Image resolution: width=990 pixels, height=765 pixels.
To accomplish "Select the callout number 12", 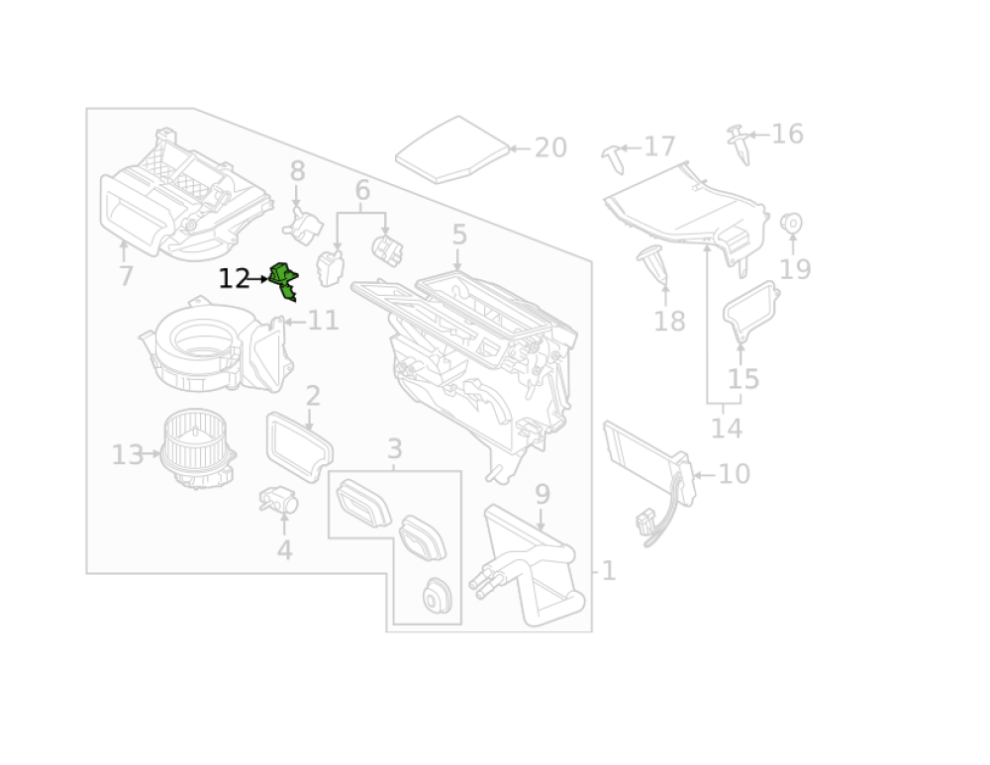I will pos(234,279).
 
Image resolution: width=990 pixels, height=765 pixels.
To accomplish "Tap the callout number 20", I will pos(550,148).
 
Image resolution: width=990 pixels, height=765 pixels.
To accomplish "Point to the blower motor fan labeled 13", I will pos(197,451).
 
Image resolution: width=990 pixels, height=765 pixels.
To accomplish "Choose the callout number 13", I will pos(128,455).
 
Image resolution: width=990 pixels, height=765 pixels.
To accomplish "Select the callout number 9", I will pos(542,493).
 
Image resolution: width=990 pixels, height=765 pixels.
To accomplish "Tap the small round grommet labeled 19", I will pos(791,223).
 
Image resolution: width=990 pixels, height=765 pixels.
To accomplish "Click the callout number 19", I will pos(795,269).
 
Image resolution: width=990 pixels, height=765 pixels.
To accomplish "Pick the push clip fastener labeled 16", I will pos(740,143).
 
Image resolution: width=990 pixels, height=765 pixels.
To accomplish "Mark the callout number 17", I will pos(659,147).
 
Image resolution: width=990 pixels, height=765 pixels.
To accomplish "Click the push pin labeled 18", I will pos(652,262).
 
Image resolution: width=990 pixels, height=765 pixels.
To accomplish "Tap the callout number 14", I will pos(726,429).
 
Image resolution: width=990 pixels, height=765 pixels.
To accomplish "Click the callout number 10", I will pos(734,474).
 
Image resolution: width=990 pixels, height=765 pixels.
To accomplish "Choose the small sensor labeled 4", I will pos(278,500).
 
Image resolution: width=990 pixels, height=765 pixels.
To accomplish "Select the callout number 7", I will pos(126,276).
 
